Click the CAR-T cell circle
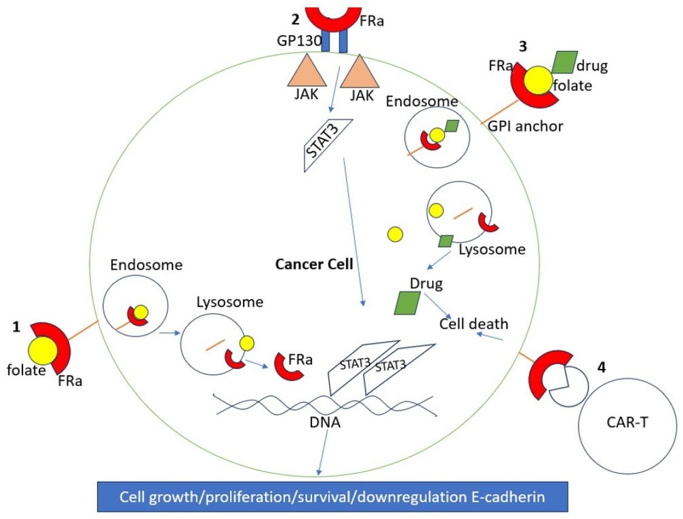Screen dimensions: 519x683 628,424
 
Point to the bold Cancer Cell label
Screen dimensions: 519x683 314,265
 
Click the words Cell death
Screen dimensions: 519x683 474,324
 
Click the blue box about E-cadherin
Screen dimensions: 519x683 332,497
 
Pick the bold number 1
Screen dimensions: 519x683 16,327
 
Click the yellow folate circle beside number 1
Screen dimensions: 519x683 43,351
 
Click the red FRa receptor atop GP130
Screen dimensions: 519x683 333,15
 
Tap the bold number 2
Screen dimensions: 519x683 296,19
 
